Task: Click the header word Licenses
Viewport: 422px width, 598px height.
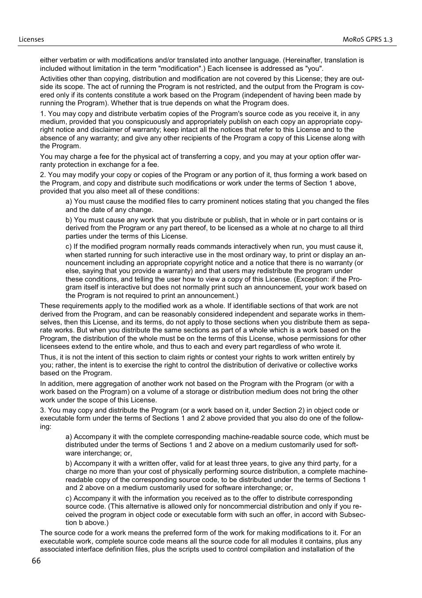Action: (31, 39)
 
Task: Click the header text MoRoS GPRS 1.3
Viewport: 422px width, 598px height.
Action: (367, 39)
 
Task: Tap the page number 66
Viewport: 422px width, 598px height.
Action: (36, 561)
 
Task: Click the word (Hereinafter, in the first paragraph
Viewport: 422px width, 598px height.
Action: (303, 60)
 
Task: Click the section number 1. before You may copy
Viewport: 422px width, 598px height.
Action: (43, 114)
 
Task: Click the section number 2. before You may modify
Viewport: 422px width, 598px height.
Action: (43, 175)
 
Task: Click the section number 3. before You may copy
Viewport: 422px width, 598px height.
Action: (43, 410)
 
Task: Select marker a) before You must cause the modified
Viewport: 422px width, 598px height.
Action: (69, 201)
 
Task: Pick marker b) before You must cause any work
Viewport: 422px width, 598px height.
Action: (69, 220)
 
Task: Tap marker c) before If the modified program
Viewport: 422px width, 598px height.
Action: (69, 247)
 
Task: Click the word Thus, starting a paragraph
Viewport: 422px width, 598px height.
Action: (49, 357)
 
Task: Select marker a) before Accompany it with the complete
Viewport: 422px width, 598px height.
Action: (69, 437)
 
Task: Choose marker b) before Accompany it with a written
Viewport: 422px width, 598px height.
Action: (69, 463)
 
